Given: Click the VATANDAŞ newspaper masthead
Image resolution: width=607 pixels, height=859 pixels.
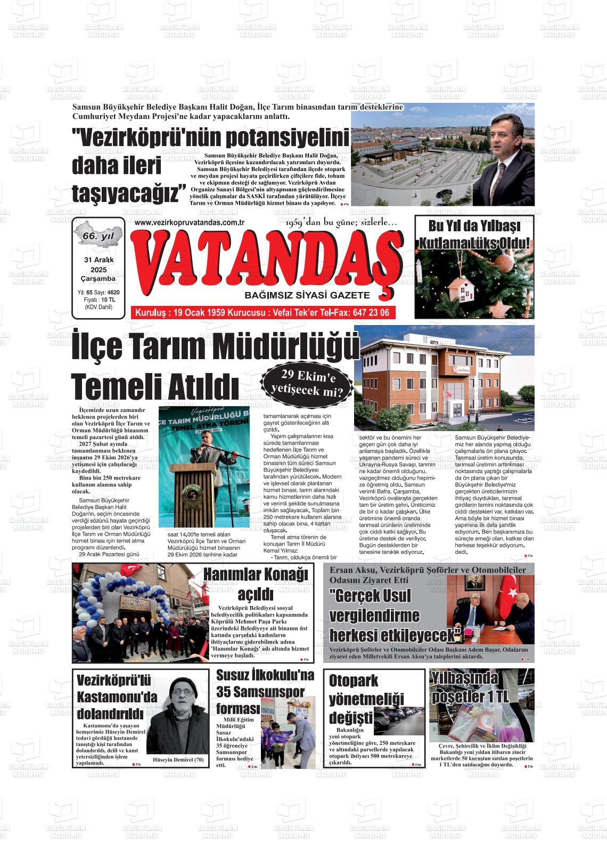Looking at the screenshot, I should click(x=269, y=261).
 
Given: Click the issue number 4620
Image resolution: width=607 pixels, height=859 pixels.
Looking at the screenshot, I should click(x=113, y=293).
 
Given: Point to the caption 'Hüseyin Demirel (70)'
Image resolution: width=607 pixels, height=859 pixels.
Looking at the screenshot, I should click(x=178, y=759).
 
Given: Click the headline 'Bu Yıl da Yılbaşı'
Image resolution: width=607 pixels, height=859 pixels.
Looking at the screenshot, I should click(x=474, y=226).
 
